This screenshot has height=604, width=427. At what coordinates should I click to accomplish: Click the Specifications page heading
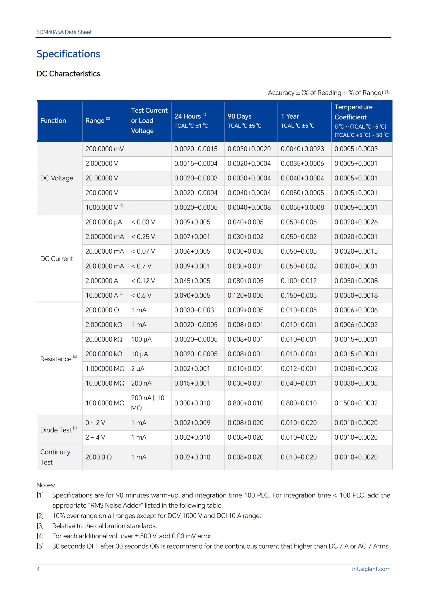point(68,54)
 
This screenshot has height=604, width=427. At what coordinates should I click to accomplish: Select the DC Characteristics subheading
point(68,74)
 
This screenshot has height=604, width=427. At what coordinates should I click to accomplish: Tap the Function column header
point(53,121)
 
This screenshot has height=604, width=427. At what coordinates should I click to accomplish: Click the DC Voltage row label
point(56,178)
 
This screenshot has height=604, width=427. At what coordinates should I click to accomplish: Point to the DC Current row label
point(56,259)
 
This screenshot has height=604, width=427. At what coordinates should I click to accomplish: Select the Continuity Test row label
point(55,457)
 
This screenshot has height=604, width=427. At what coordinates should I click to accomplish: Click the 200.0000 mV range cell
point(104,149)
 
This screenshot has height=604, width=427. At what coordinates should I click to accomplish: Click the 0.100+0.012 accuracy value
point(299,281)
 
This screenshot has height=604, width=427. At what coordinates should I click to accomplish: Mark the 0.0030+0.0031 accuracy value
point(196,310)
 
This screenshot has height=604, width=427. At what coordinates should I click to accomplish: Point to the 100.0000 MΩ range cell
point(105,403)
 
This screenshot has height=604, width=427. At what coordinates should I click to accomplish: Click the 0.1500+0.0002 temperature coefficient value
point(356,403)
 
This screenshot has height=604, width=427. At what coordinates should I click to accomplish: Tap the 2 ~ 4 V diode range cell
point(95,437)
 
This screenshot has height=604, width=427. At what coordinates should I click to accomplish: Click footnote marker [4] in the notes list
point(40,536)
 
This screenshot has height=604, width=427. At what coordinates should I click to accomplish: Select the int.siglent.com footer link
point(371,569)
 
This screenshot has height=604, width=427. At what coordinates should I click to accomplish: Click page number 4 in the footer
point(38,569)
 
